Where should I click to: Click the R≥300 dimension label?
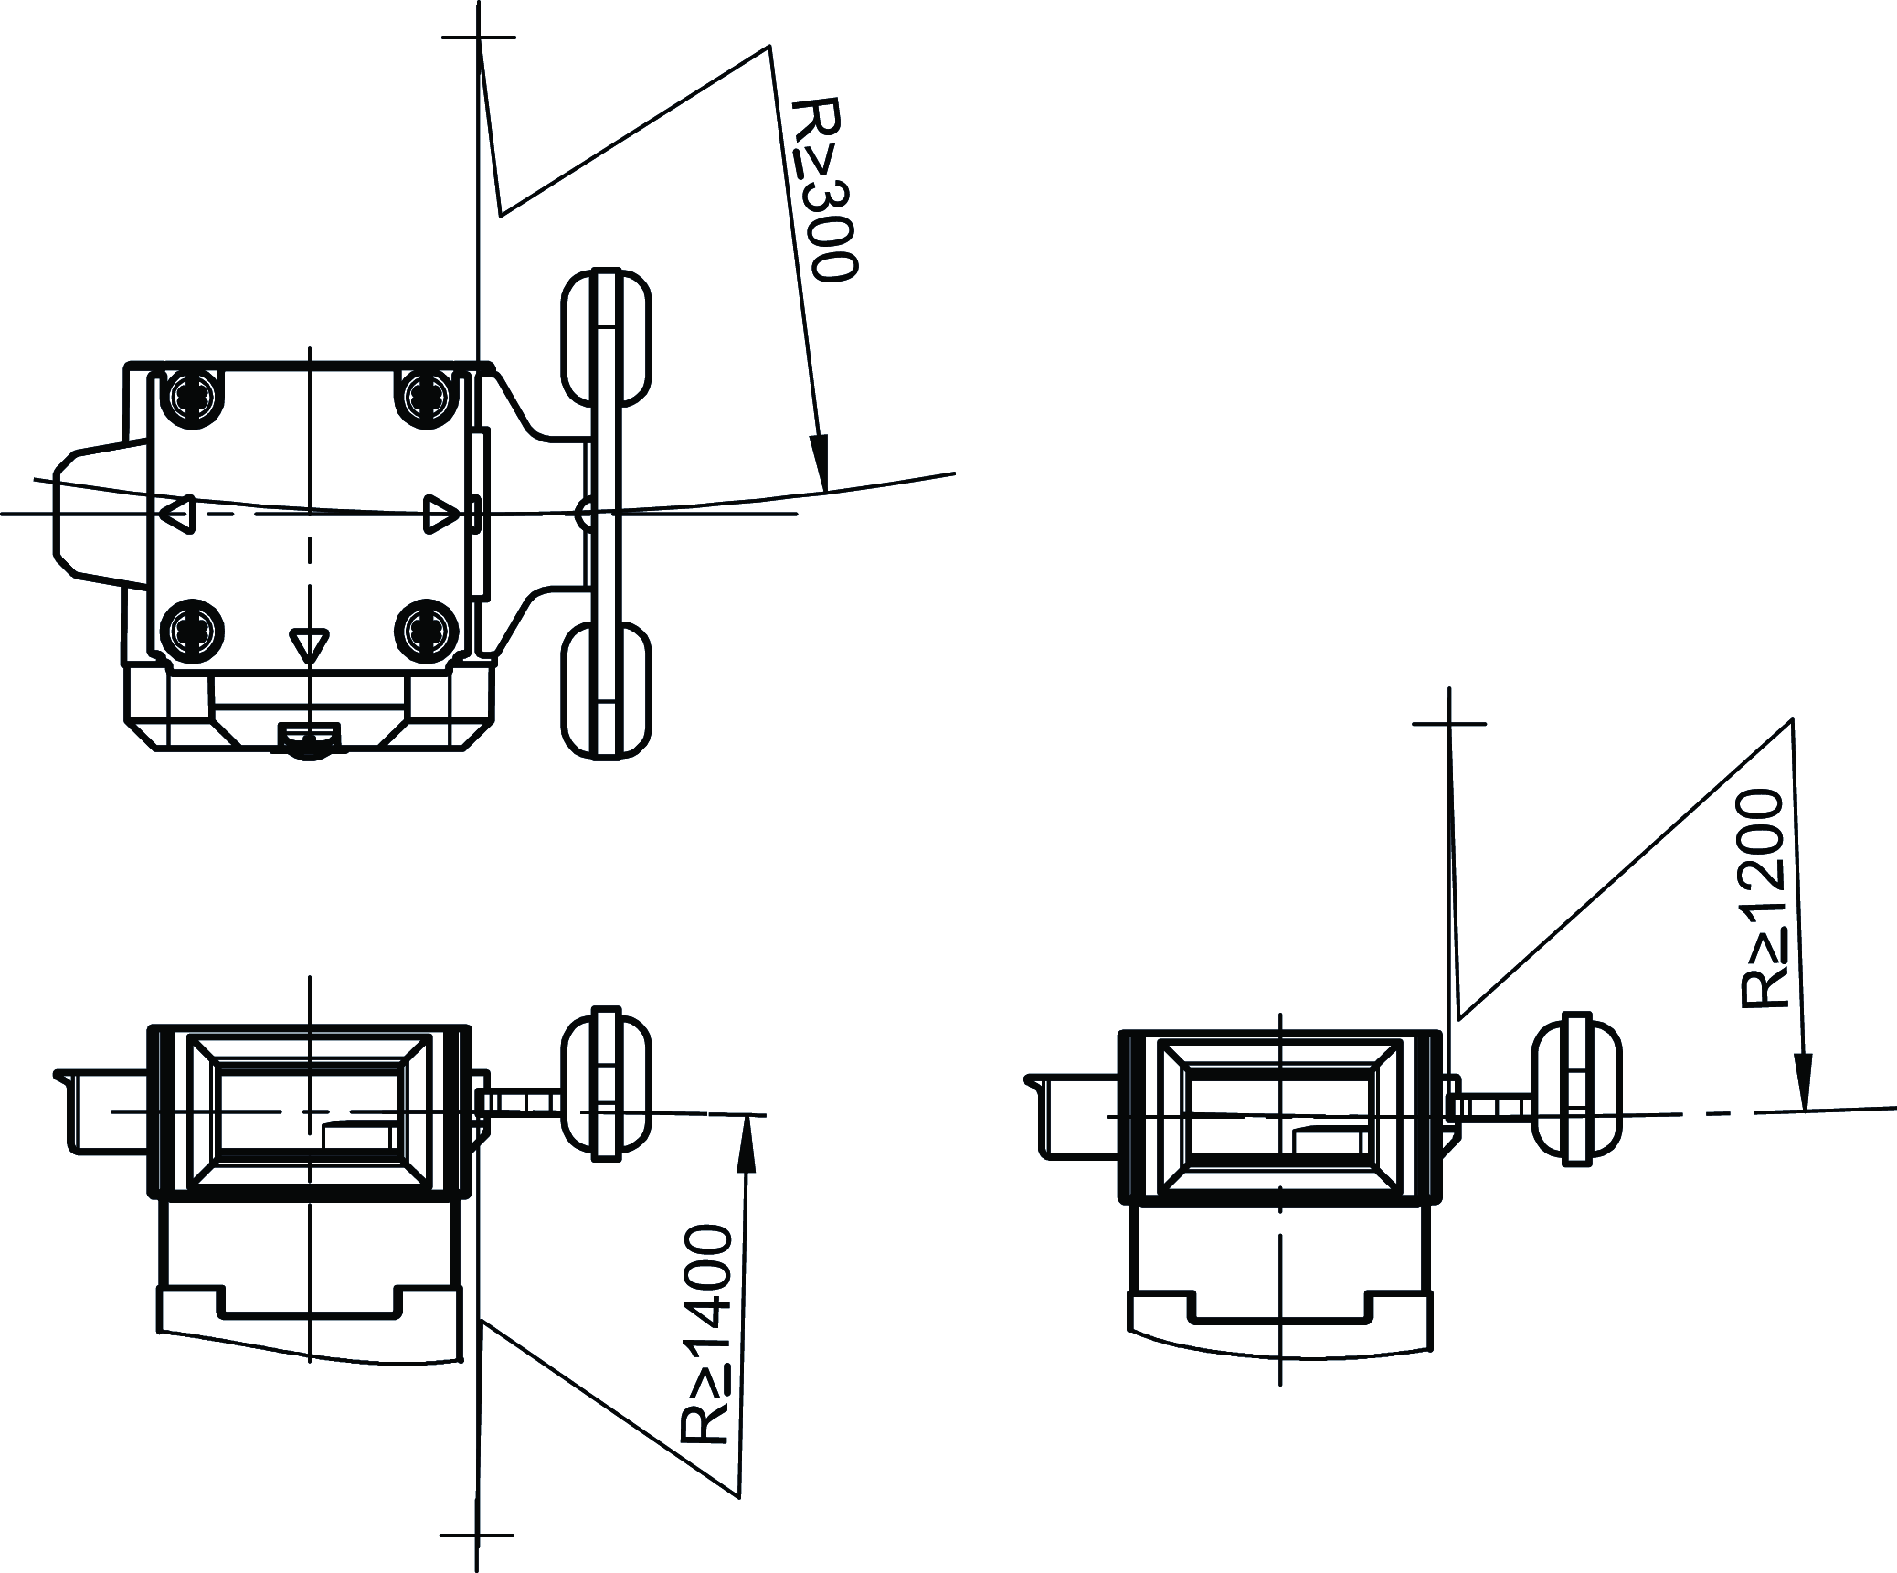tap(825, 189)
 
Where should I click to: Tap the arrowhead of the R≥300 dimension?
tap(821, 462)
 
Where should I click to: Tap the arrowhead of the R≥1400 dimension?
tap(747, 1142)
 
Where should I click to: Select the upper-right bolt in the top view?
tap(427, 397)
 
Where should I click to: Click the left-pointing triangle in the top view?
tap(177, 514)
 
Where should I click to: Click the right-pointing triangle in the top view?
tap(442, 514)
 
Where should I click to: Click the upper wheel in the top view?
tap(606, 337)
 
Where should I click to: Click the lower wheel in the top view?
tap(606, 690)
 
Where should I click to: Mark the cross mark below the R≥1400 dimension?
tap(476, 1536)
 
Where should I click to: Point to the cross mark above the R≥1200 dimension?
tap(1449, 723)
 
